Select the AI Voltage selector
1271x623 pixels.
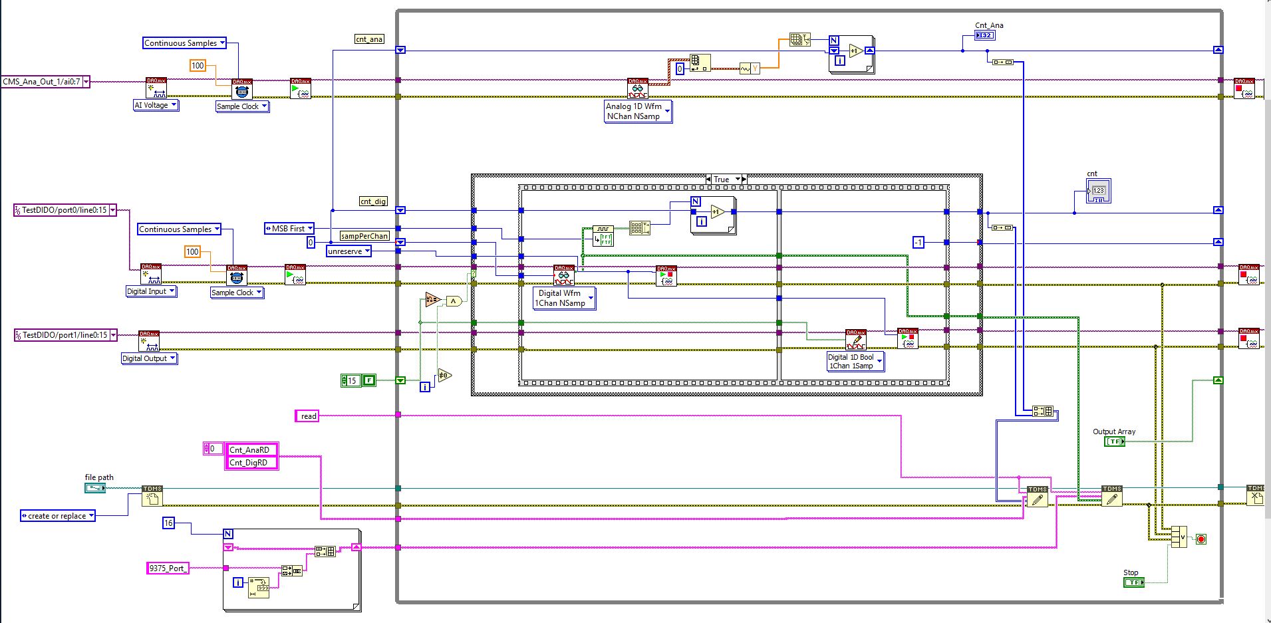pyautogui.click(x=156, y=105)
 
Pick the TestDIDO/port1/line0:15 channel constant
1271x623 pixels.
pyautogui.click(x=65, y=335)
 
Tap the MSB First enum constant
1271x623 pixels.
pyautogui.click(x=289, y=229)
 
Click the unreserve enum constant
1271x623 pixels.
pyautogui.click(x=349, y=251)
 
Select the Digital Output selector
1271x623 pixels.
pyautogui.click(x=149, y=358)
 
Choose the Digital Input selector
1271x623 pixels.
pyautogui.click(x=151, y=291)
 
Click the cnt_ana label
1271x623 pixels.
pyautogui.click(x=369, y=39)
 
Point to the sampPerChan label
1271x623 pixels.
pyautogui.click(x=364, y=236)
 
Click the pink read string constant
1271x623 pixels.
pyautogui.click(x=307, y=416)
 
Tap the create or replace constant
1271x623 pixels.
pyautogui.click(x=57, y=516)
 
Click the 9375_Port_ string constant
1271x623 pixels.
pyautogui.click(x=168, y=568)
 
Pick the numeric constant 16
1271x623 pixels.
pyautogui.click(x=168, y=523)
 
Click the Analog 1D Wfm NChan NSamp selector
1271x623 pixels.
pyautogui.click(x=637, y=111)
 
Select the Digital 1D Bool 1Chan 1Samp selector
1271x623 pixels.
pyautogui.click(x=855, y=361)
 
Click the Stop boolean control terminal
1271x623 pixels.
pyautogui.click(x=1133, y=582)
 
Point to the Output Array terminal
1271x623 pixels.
pyautogui.click(x=1114, y=441)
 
